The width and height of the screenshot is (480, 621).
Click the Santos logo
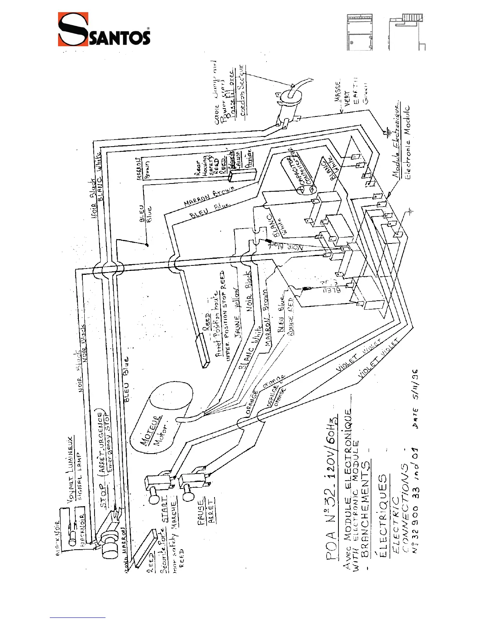[x=104, y=29]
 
